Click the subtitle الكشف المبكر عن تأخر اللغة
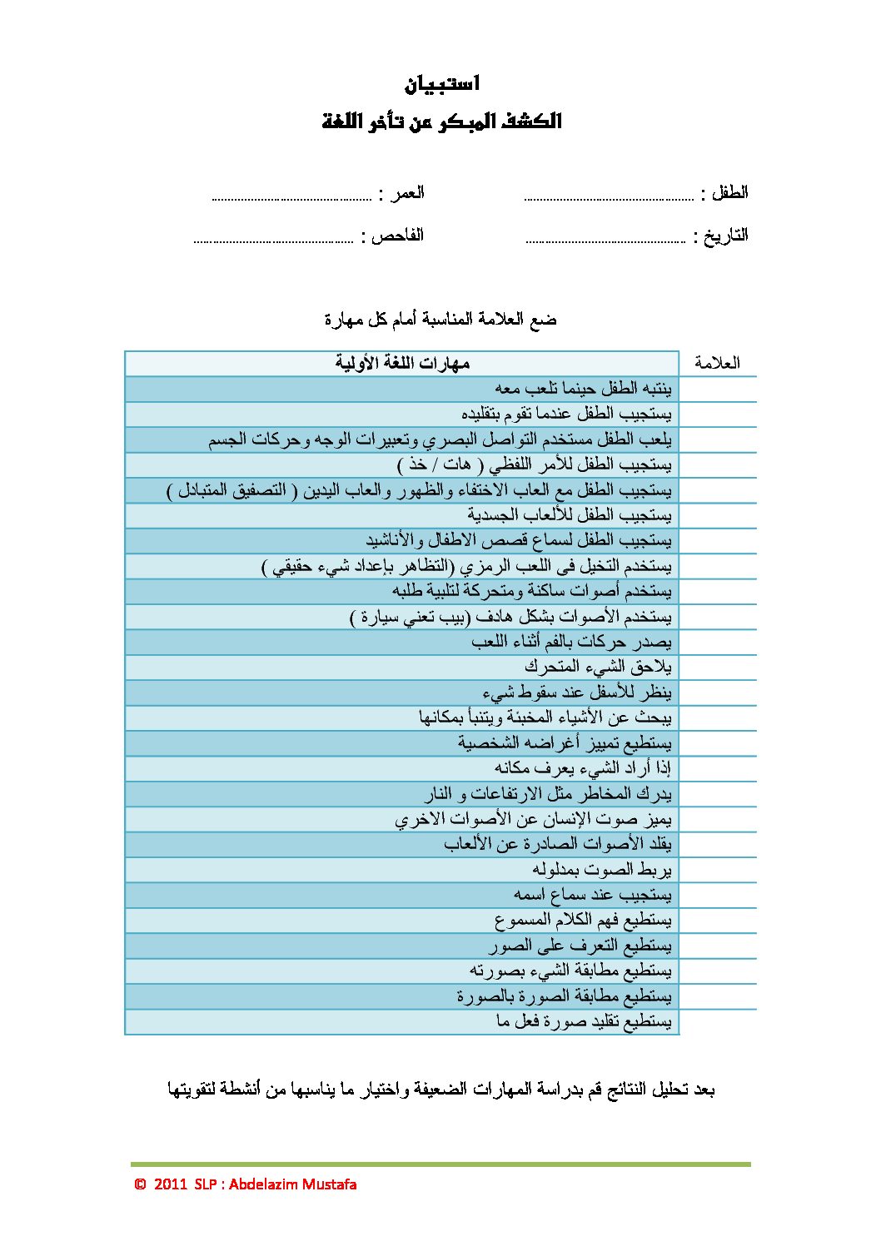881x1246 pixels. click(x=441, y=122)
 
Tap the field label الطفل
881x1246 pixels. click(x=729, y=193)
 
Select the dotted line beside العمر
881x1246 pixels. click(x=291, y=199)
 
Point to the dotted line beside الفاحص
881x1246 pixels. click(x=274, y=241)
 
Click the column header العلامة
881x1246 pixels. click(x=717, y=363)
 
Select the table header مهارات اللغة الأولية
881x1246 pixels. click(x=403, y=363)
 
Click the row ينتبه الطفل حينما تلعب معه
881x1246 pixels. click(x=583, y=389)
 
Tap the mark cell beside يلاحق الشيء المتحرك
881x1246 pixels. click(x=717, y=667)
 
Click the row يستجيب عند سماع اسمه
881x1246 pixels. click(x=592, y=895)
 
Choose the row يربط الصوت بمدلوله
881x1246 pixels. click(x=601, y=870)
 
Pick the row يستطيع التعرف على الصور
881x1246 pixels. click(x=580, y=946)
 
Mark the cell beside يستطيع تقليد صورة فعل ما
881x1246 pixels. click(x=717, y=1021)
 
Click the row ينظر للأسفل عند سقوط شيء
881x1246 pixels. click(x=576, y=692)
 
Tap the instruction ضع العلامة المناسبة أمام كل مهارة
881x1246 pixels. click(x=440, y=320)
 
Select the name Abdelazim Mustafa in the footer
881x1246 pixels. click(x=292, y=1184)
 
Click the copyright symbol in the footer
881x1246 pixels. click(x=140, y=1184)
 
